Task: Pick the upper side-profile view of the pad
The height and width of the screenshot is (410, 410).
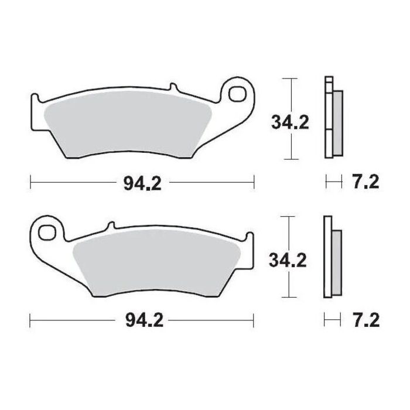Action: (x=333, y=117)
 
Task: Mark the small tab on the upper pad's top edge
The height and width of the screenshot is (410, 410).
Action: (x=173, y=88)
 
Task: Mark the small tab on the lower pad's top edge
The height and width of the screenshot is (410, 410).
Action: (x=110, y=225)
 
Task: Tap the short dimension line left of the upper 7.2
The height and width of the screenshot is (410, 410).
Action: (x=333, y=182)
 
